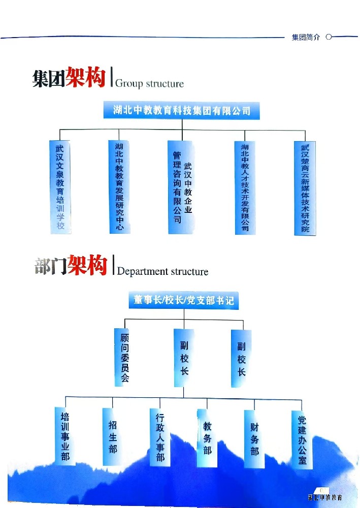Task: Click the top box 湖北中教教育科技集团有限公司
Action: (x=181, y=110)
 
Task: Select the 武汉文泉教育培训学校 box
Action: (x=60, y=187)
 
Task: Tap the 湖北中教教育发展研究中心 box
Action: (x=119, y=187)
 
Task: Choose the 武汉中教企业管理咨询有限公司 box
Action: (x=181, y=187)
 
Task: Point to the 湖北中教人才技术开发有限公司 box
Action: (x=245, y=187)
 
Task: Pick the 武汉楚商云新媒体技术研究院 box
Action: (x=305, y=187)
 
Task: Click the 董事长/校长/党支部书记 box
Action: (x=183, y=300)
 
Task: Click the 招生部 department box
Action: (x=112, y=436)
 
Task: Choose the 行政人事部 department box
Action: (x=160, y=436)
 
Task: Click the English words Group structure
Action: (x=149, y=83)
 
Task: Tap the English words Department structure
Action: (x=162, y=271)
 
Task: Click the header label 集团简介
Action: (x=306, y=38)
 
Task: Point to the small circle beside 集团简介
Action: (x=329, y=37)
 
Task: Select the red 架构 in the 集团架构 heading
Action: (x=86, y=78)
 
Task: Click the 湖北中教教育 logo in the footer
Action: (x=324, y=498)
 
